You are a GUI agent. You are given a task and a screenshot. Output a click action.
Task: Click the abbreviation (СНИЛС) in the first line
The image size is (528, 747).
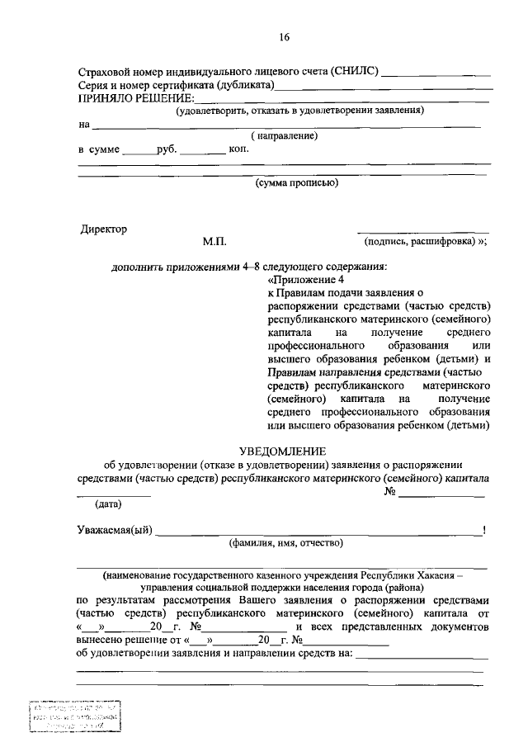pos(354,72)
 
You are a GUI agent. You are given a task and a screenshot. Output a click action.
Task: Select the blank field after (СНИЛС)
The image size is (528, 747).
pos(436,73)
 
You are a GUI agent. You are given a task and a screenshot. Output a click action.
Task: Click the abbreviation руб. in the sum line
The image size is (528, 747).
pos(166,150)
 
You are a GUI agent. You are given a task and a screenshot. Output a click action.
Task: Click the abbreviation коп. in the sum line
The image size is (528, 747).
pos(239,150)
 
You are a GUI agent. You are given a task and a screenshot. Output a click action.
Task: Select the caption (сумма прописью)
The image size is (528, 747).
pos(297,183)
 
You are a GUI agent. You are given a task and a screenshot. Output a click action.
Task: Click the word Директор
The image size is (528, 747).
pos(104,229)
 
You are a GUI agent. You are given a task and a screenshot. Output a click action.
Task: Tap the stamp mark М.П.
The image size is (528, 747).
pos(214,243)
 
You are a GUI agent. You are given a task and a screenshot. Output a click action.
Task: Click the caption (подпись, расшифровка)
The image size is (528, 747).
pos(421,243)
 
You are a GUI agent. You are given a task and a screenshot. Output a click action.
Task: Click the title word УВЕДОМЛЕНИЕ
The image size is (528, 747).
pos(283,451)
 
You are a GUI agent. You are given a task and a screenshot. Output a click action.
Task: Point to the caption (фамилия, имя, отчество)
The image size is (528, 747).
pos(285,542)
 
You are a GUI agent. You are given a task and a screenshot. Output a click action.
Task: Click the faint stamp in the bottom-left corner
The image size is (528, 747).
pos(74,715)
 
